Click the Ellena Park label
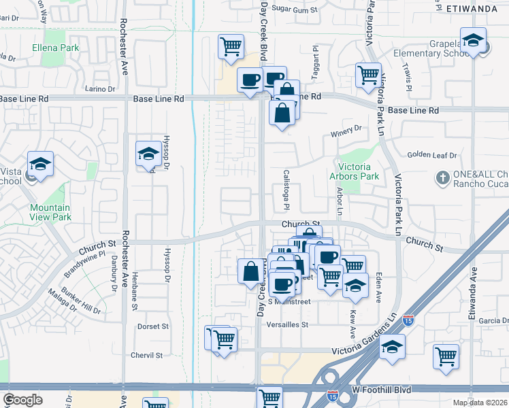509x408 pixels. click(56, 48)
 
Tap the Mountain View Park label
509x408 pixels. click(50, 212)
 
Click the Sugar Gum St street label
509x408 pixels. click(295, 10)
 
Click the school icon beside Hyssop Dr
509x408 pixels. click(148, 154)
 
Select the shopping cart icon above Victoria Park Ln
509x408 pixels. click(368, 75)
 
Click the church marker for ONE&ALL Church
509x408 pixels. click(443, 176)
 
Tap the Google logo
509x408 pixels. click(22, 400)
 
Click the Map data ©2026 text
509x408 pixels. click(480, 403)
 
